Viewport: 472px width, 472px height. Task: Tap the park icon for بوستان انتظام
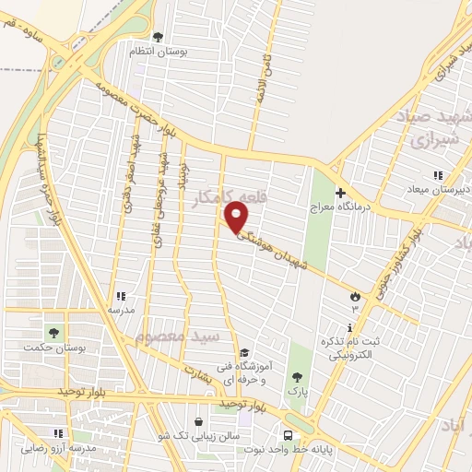158,38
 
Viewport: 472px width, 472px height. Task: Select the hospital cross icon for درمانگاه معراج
340,194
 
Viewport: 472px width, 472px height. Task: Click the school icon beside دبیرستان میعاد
439,175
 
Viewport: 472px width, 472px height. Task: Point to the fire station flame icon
354,295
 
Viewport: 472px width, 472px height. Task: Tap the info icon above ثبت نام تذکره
349,327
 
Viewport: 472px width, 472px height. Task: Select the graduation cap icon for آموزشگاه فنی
243,352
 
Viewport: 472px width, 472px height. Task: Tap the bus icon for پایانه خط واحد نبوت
289,435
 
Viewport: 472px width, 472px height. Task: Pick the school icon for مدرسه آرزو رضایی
58,432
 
